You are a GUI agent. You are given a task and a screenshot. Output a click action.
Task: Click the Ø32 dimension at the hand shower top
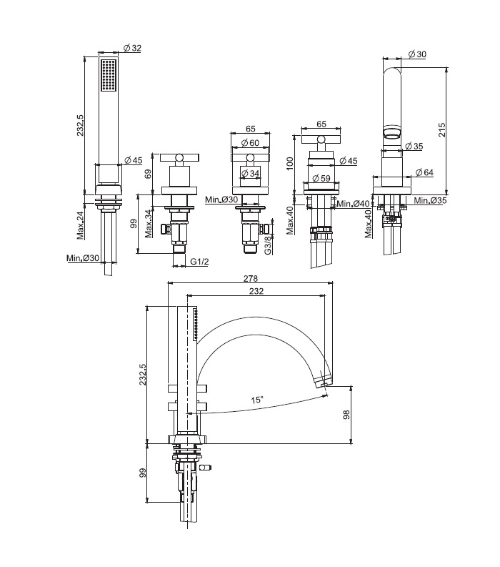pyautogui.click(x=132, y=48)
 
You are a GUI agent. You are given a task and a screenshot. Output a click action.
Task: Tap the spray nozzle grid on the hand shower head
pyautogui.click(x=109, y=75)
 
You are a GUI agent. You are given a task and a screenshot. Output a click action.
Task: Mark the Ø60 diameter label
pyautogui.click(x=249, y=144)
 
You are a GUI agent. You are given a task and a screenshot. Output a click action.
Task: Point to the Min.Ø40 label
pyautogui.click(x=352, y=204)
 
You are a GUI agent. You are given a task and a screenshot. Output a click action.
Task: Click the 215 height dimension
pyautogui.click(x=443, y=129)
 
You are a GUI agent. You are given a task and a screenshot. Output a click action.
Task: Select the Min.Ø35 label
pyautogui.click(x=428, y=201)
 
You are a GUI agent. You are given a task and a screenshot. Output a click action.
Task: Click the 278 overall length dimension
pyautogui.click(x=251, y=278)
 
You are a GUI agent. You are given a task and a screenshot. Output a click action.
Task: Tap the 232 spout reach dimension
pyautogui.click(x=257, y=291)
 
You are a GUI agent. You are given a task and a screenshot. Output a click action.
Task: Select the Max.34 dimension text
pyautogui.click(x=148, y=222)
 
